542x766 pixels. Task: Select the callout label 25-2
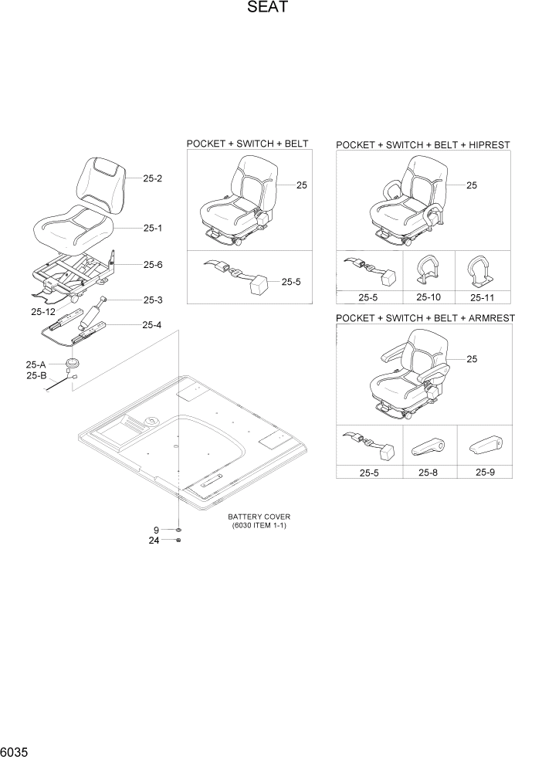click(152, 178)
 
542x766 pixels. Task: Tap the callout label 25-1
click(152, 229)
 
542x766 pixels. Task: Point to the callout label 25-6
click(152, 265)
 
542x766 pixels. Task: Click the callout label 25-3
click(152, 300)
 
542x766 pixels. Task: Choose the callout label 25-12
click(43, 312)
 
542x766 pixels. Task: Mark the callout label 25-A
click(36, 364)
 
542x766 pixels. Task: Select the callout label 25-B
click(36, 375)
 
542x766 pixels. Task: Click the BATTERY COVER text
click(259, 517)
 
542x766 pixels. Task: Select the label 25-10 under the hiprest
click(428, 297)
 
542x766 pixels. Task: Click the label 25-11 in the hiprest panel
click(486, 297)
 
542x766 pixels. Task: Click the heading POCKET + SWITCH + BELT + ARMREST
click(425, 318)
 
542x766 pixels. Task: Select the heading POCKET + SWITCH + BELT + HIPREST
click(423, 144)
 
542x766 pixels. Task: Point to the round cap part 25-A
click(73, 362)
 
